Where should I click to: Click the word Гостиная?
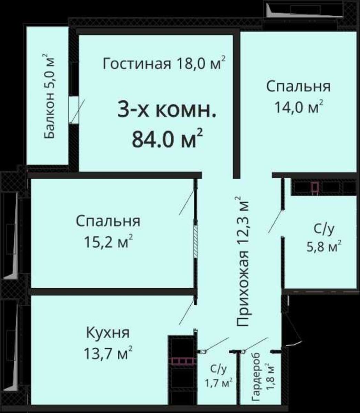(x=137, y=64)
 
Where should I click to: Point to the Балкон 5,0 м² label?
(x=49, y=96)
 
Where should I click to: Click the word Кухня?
(x=108, y=333)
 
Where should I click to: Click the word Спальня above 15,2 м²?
(x=108, y=221)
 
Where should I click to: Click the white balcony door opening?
(x=73, y=109)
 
